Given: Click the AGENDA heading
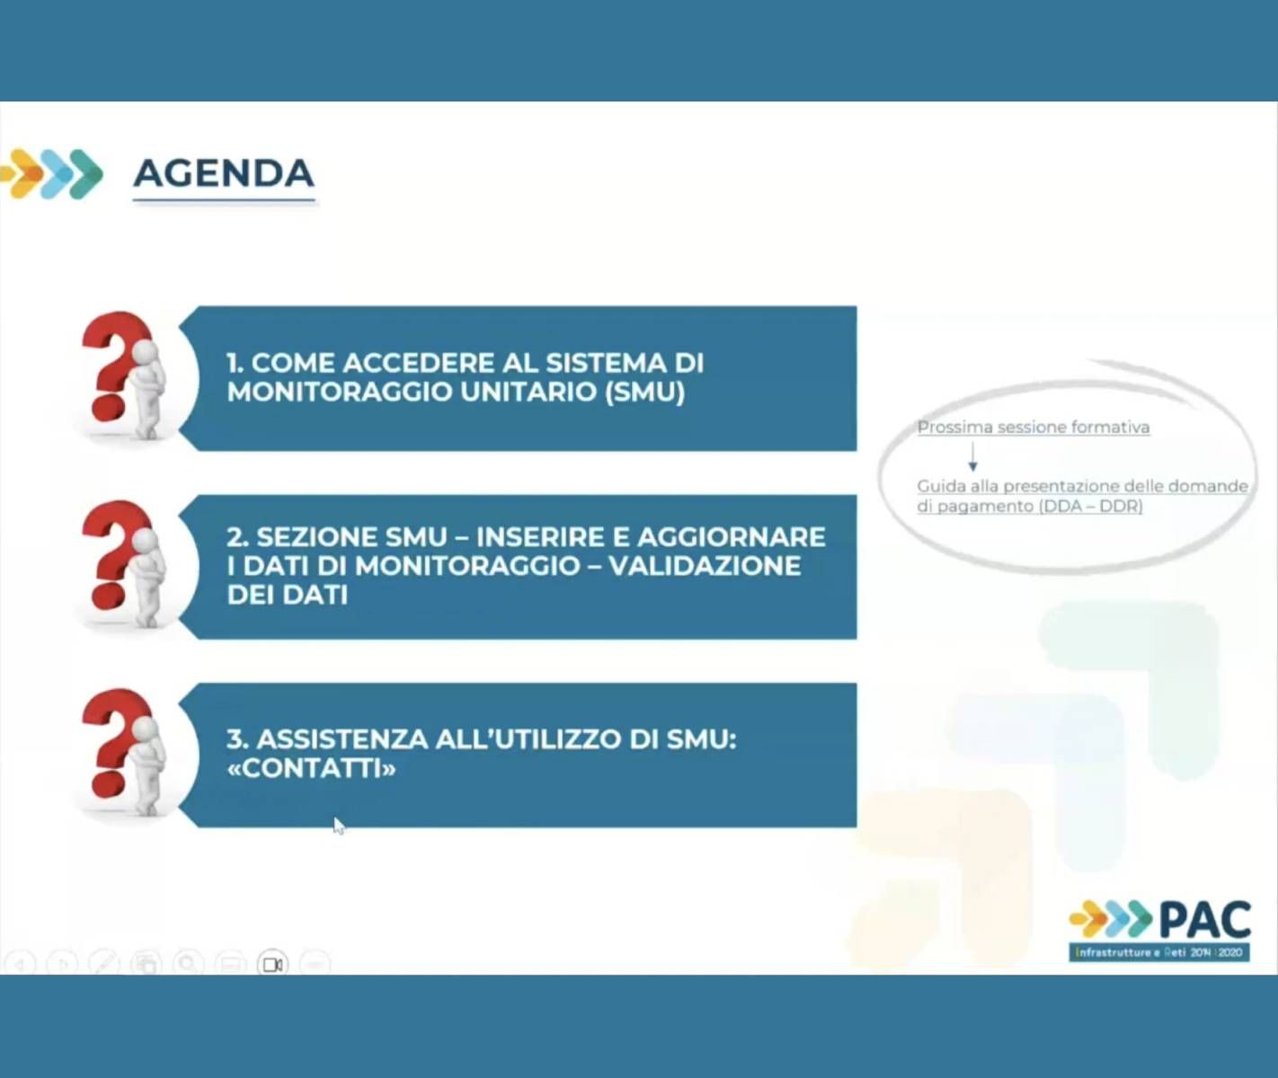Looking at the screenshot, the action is pyautogui.click(x=224, y=173).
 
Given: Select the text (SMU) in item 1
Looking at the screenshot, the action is pyautogui.click(x=644, y=392).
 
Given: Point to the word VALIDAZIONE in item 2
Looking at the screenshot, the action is pyautogui.click(x=705, y=566).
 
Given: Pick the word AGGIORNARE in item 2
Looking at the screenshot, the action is pyautogui.click(x=732, y=537).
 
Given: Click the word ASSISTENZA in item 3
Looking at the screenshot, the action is pyautogui.click(x=342, y=739).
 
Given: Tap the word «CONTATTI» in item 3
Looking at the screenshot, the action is pyautogui.click(x=311, y=768).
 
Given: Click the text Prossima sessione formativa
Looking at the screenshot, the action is pyautogui.click(x=1034, y=427).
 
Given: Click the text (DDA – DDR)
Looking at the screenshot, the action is pyautogui.click(x=1091, y=507).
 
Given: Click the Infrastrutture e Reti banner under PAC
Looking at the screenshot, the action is pyautogui.click(x=1159, y=952).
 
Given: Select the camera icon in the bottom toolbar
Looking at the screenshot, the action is pyautogui.click(x=272, y=964).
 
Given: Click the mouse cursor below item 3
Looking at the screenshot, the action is pyautogui.click(x=339, y=826).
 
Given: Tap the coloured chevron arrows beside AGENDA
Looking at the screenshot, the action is pyautogui.click(x=52, y=173).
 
